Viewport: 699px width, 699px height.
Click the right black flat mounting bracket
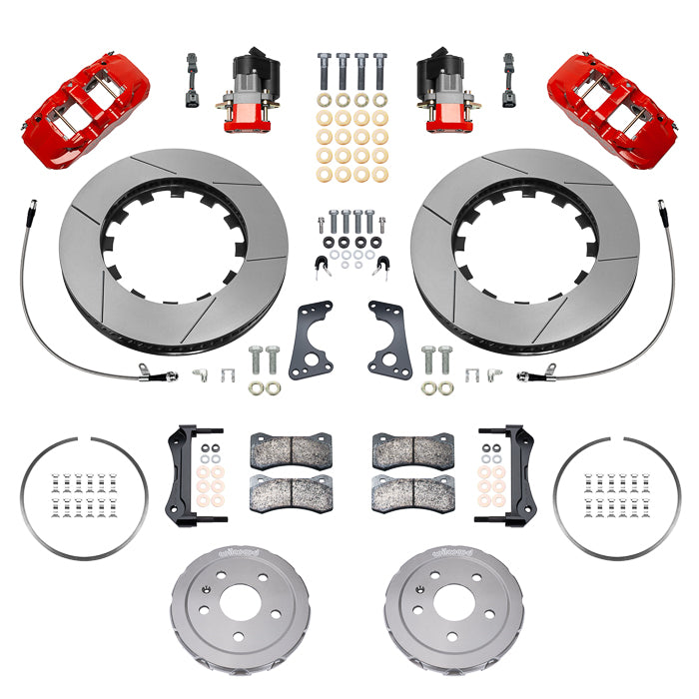tap(389, 340)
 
